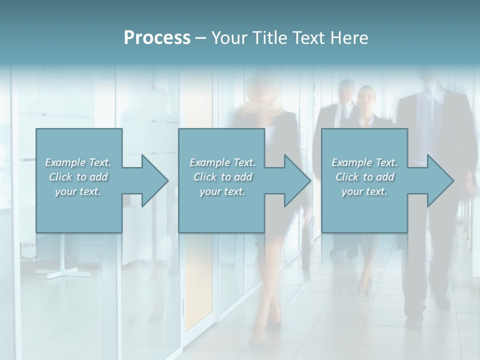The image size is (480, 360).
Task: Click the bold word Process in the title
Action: coord(157,38)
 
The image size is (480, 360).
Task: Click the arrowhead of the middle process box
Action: coord(296,180)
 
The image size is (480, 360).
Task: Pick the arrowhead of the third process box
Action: coord(439,180)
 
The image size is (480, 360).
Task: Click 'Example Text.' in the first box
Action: coord(78,162)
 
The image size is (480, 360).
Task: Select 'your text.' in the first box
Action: coord(78,191)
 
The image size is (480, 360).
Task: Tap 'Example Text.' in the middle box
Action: coord(222,162)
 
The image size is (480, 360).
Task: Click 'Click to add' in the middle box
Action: coord(222,176)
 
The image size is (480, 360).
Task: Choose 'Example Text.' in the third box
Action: coord(364,162)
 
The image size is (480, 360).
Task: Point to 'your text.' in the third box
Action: coord(364,191)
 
